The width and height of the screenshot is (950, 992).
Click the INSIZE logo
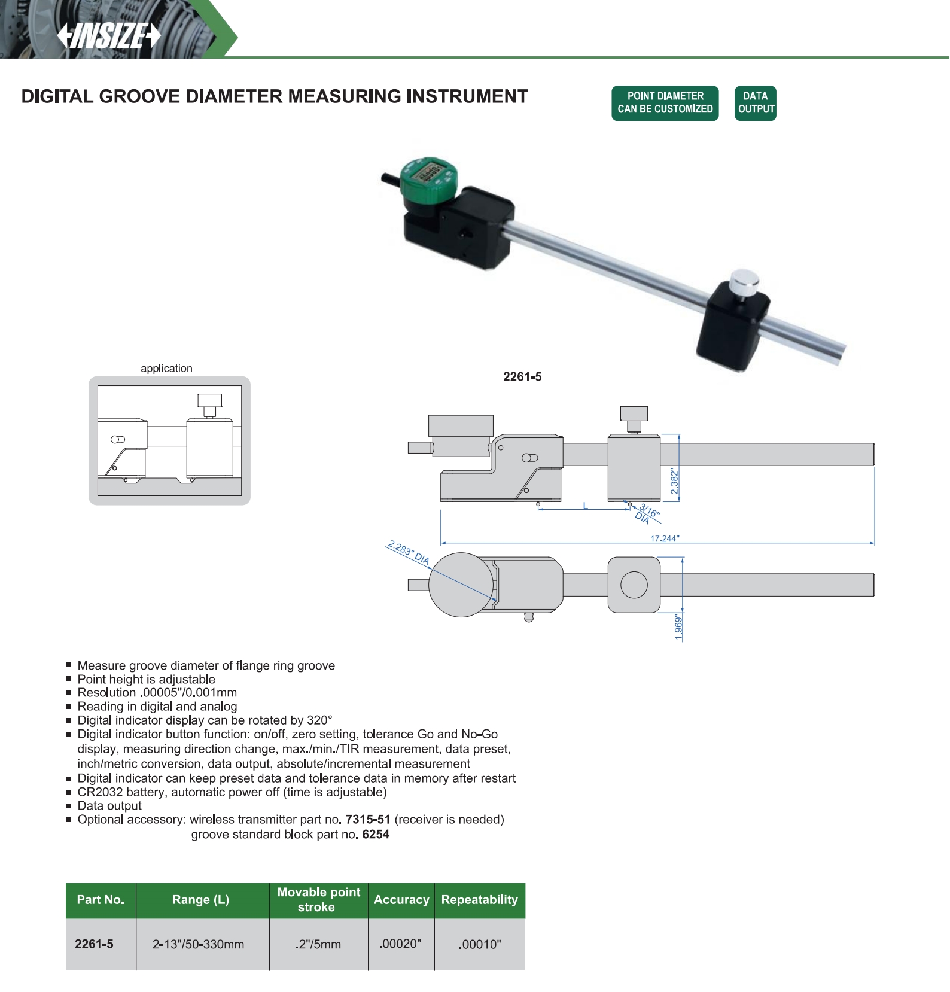pos(109,36)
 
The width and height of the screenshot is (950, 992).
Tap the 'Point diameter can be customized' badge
pos(665,103)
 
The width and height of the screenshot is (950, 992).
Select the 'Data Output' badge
pos(756,103)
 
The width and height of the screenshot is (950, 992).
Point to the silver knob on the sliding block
pos(745,282)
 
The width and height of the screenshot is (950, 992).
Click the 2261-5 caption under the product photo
pos(522,376)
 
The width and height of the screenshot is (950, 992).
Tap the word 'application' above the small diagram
pos(166,368)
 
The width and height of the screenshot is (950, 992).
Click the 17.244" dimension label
pos(665,538)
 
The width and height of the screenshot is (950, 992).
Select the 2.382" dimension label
pos(675,482)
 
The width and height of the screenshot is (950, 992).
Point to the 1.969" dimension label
pos(678,627)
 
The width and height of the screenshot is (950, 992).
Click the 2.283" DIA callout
pos(409,553)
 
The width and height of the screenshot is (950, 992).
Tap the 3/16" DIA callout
pos(647,514)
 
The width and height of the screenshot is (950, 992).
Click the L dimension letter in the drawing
pos(586,506)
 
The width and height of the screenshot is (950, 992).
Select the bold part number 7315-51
pos(368,819)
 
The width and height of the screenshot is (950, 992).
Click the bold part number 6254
pos(376,834)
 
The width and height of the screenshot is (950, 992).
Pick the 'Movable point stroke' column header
pos(318,899)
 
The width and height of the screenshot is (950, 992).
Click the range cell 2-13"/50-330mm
pos(198,944)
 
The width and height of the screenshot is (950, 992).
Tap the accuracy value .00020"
pos(400,944)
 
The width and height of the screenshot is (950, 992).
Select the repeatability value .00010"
pos(480,944)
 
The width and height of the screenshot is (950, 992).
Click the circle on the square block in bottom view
pos(634,585)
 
